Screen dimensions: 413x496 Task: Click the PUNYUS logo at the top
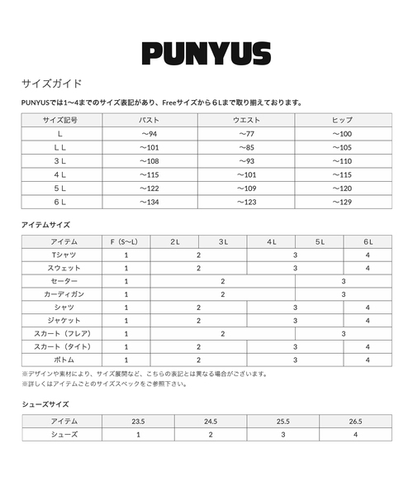click(x=206, y=54)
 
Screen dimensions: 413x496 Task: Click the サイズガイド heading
click(x=51, y=84)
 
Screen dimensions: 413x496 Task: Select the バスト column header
click(x=149, y=120)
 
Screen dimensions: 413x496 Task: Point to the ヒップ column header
click(x=342, y=120)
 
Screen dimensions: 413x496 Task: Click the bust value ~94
click(x=149, y=134)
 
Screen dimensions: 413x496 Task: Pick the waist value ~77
click(x=249, y=134)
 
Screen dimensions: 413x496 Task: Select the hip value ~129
click(x=342, y=202)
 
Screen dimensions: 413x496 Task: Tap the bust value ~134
click(x=149, y=202)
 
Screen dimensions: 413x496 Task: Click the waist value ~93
click(x=249, y=161)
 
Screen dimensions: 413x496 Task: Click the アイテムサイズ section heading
click(x=45, y=225)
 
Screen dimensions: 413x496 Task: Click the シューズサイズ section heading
click(x=45, y=404)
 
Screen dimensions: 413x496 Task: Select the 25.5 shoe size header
click(x=282, y=421)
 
